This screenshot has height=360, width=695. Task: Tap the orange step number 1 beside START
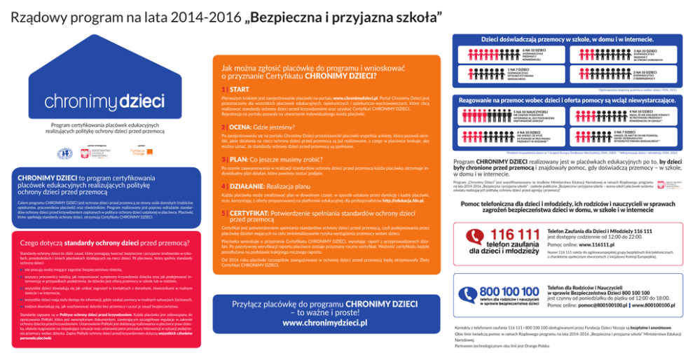(223, 90)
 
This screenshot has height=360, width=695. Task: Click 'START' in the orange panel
(239, 90)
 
